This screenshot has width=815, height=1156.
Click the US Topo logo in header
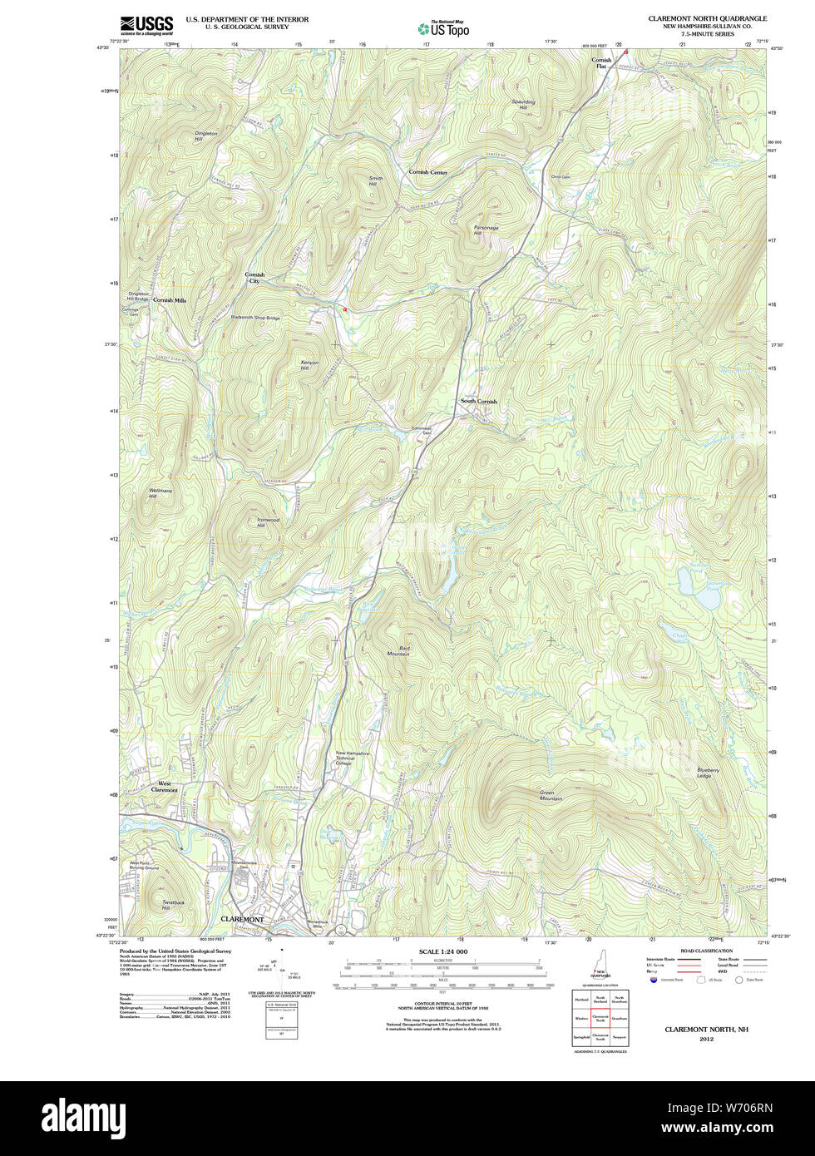point(443,28)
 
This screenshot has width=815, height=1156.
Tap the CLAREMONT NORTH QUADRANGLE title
point(708,18)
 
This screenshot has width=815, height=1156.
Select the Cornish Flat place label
point(601,62)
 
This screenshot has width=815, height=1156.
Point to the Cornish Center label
point(427,172)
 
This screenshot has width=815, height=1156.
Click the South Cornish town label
point(479,401)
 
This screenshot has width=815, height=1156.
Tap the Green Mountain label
point(551,795)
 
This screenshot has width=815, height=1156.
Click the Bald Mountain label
point(398,650)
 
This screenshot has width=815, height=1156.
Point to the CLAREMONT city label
point(242,919)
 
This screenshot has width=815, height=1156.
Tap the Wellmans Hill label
point(160,493)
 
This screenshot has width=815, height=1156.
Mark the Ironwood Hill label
point(268,522)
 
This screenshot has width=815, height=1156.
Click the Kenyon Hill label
point(309,365)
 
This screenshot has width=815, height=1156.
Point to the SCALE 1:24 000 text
point(442,951)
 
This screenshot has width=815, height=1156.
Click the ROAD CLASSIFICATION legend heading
point(706,951)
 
